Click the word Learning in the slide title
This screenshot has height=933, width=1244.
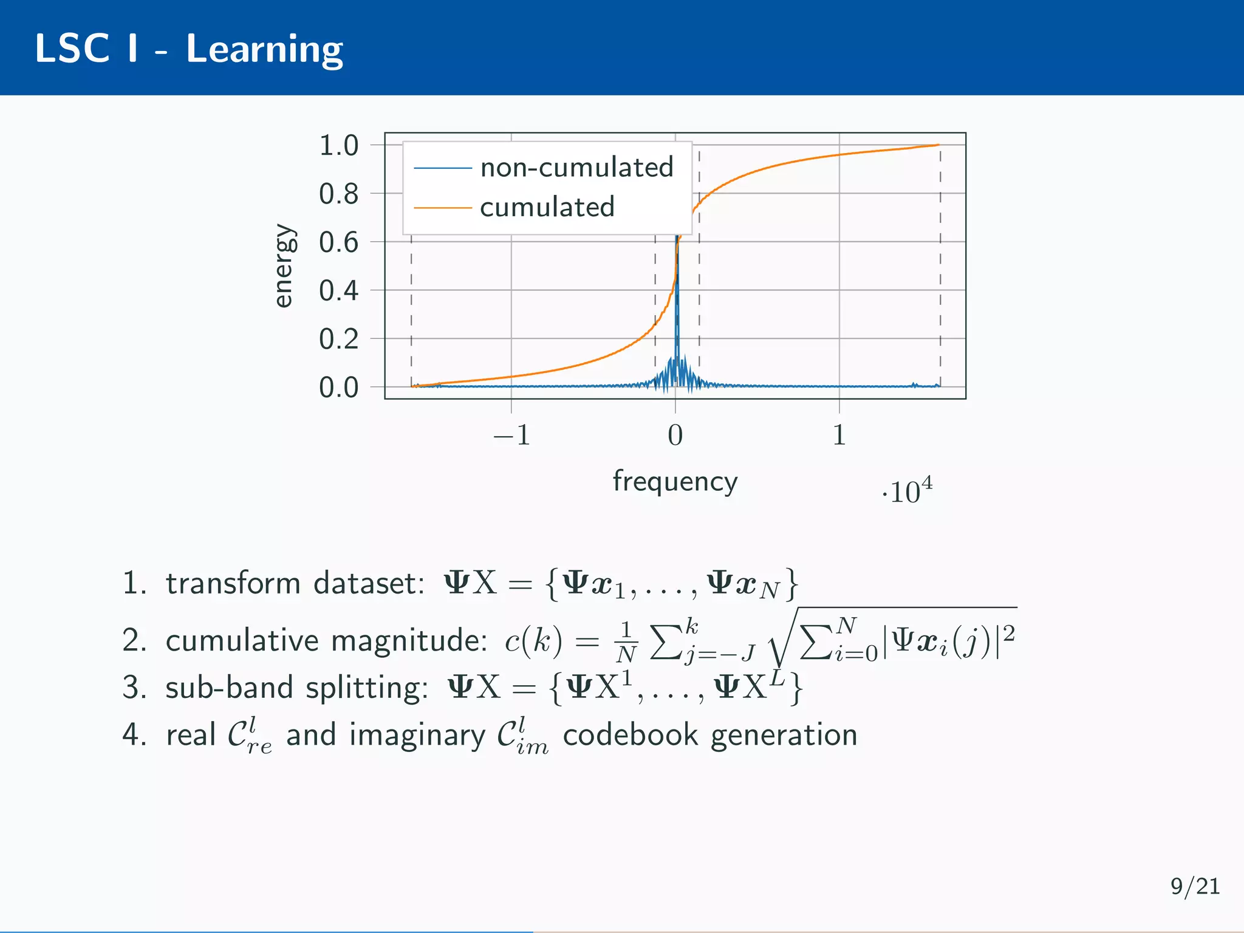(264, 50)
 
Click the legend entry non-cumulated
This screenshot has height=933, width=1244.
(576, 168)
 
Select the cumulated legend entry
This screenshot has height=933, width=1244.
(547, 208)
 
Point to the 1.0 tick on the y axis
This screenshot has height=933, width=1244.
(339, 146)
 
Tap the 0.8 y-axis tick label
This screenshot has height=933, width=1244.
(339, 194)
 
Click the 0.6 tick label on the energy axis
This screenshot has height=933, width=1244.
(339, 243)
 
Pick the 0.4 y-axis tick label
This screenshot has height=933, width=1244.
(339, 291)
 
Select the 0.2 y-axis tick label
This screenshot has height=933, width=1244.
(339, 339)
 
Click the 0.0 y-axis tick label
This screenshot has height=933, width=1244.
(339, 388)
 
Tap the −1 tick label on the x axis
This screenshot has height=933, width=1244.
(511, 436)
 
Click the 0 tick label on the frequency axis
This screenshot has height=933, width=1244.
(675, 436)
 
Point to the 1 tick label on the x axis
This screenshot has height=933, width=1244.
(839, 436)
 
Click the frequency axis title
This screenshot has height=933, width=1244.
(675, 482)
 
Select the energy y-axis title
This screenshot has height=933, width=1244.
(284, 266)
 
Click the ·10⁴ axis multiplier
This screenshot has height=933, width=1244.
(907, 491)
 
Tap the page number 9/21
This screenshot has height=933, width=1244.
(1195, 887)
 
